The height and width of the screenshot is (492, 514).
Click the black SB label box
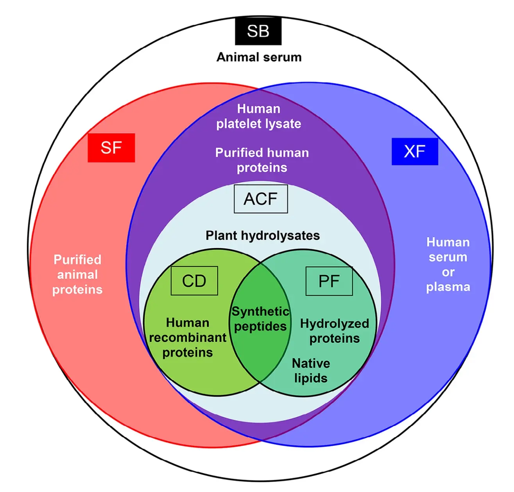(258, 31)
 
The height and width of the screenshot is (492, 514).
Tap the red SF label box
(111, 148)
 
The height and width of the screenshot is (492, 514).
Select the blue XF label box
(415, 151)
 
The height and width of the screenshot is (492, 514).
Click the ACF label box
(261, 199)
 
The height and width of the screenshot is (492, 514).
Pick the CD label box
(194, 281)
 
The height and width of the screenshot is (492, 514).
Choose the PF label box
(329, 281)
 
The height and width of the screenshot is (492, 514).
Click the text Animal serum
(259, 57)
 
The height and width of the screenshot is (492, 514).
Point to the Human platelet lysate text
(259, 116)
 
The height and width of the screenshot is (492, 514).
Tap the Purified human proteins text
(262, 160)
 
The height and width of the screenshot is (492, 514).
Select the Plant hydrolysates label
(263, 235)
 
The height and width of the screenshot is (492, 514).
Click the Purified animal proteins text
(77, 275)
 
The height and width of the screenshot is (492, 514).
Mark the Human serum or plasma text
(448, 264)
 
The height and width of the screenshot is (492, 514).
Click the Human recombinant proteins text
(188, 338)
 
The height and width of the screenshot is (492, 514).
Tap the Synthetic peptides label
(260, 319)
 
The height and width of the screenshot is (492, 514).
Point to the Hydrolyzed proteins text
(335, 331)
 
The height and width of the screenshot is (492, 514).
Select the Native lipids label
(311, 371)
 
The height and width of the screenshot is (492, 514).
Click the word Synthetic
(260, 312)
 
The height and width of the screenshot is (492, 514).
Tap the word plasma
(448, 287)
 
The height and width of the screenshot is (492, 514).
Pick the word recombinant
(188, 338)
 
